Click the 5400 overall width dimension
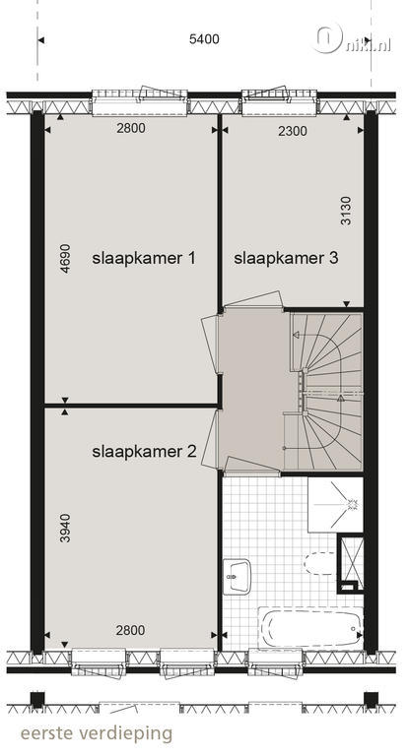[x=204, y=39]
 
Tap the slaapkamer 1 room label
[x=144, y=259]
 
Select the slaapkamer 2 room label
[x=144, y=451]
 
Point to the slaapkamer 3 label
[x=286, y=258]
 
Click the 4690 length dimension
[x=65, y=259]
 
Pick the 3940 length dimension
[x=65, y=528]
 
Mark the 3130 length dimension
[x=346, y=211]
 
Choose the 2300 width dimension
[x=293, y=131]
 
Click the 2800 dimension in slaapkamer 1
[x=130, y=128]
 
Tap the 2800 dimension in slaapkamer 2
[x=130, y=630]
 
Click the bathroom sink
[x=237, y=577]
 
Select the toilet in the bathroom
[x=320, y=563]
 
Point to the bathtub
[x=310, y=628]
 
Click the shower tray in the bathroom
[x=335, y=504]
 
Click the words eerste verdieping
[x=97, y=733]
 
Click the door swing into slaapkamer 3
[x=252, y=299]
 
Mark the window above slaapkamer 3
[x=280, y=101]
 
